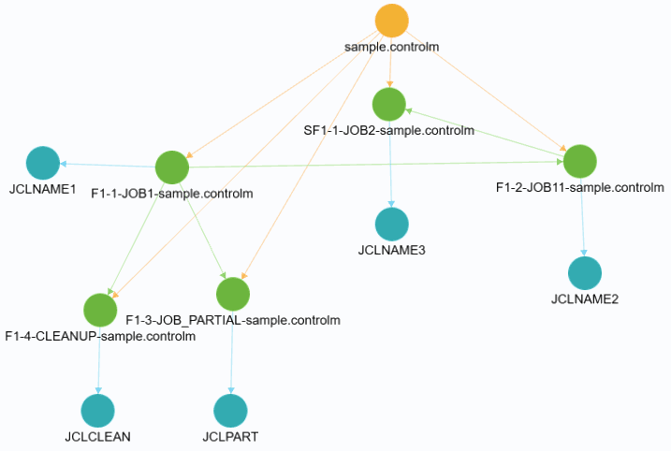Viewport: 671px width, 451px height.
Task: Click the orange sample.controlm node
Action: (x=391, y=21)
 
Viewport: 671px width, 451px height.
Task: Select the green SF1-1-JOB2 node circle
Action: (x=388, y=103)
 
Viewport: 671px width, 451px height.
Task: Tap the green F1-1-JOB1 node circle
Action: (x=172, y=167)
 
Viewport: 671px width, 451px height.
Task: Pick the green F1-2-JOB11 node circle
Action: (x=580, y=161)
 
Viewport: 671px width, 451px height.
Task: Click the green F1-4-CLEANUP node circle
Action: (x=99, y=310)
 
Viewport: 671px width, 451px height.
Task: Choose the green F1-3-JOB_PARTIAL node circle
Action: (x=232, y=294)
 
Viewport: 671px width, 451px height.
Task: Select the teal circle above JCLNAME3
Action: (x=392, y=224)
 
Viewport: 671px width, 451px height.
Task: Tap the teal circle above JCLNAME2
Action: (x=585, y=272)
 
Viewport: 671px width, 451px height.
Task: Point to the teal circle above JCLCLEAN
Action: (x=97, y=410)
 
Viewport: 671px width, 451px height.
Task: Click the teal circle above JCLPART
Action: (x=229, y=410)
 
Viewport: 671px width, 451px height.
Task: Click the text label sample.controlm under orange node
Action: (x=391, y=46)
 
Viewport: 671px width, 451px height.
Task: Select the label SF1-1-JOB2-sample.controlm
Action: (x=388, y=130)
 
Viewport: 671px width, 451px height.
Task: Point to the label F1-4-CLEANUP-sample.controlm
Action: (x=100, y=336)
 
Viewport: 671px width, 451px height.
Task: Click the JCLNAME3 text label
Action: (x=392, y=250)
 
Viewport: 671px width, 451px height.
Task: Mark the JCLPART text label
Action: (x=229, y=436)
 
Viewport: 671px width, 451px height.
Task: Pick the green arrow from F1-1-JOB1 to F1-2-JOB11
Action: (x=374, y=165)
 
